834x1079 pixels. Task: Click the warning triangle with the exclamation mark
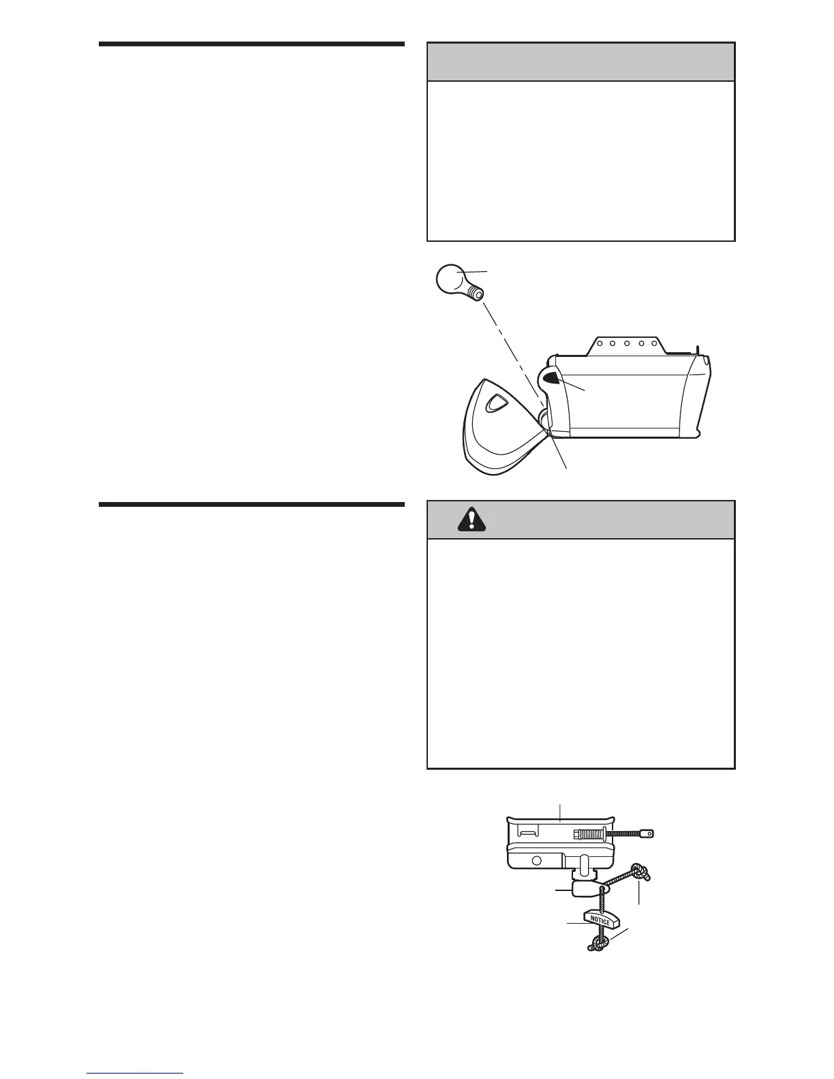pyautogui.click(x=472, y=520)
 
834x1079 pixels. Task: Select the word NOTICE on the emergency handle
pyautogui.click(x=600, y=920)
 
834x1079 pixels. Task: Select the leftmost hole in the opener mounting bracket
pyautogui.click(x=598, y=344)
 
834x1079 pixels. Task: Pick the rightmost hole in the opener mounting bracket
pyautogui.click(x=654, y=344)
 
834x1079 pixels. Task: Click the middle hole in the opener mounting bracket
pyautogui.click(x=626, y=344)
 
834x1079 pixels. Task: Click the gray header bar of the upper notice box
pyautogui.click(x=581, y=62)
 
